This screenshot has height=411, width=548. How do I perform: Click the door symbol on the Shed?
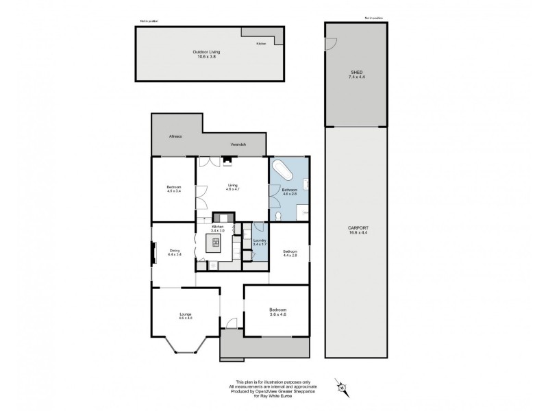[x=331, y=42]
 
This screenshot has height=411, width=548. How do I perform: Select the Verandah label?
[x=238, y=145]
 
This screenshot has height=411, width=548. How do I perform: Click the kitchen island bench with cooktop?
[x=216, y=241]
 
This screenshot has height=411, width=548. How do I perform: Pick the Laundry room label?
[x=259, y=242]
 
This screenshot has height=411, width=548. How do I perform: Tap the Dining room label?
[x=175, y=253]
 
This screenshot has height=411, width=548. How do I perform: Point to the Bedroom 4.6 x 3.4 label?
[x=173, y=190]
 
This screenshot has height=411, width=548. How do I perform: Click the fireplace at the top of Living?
[x=226, y=162]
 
